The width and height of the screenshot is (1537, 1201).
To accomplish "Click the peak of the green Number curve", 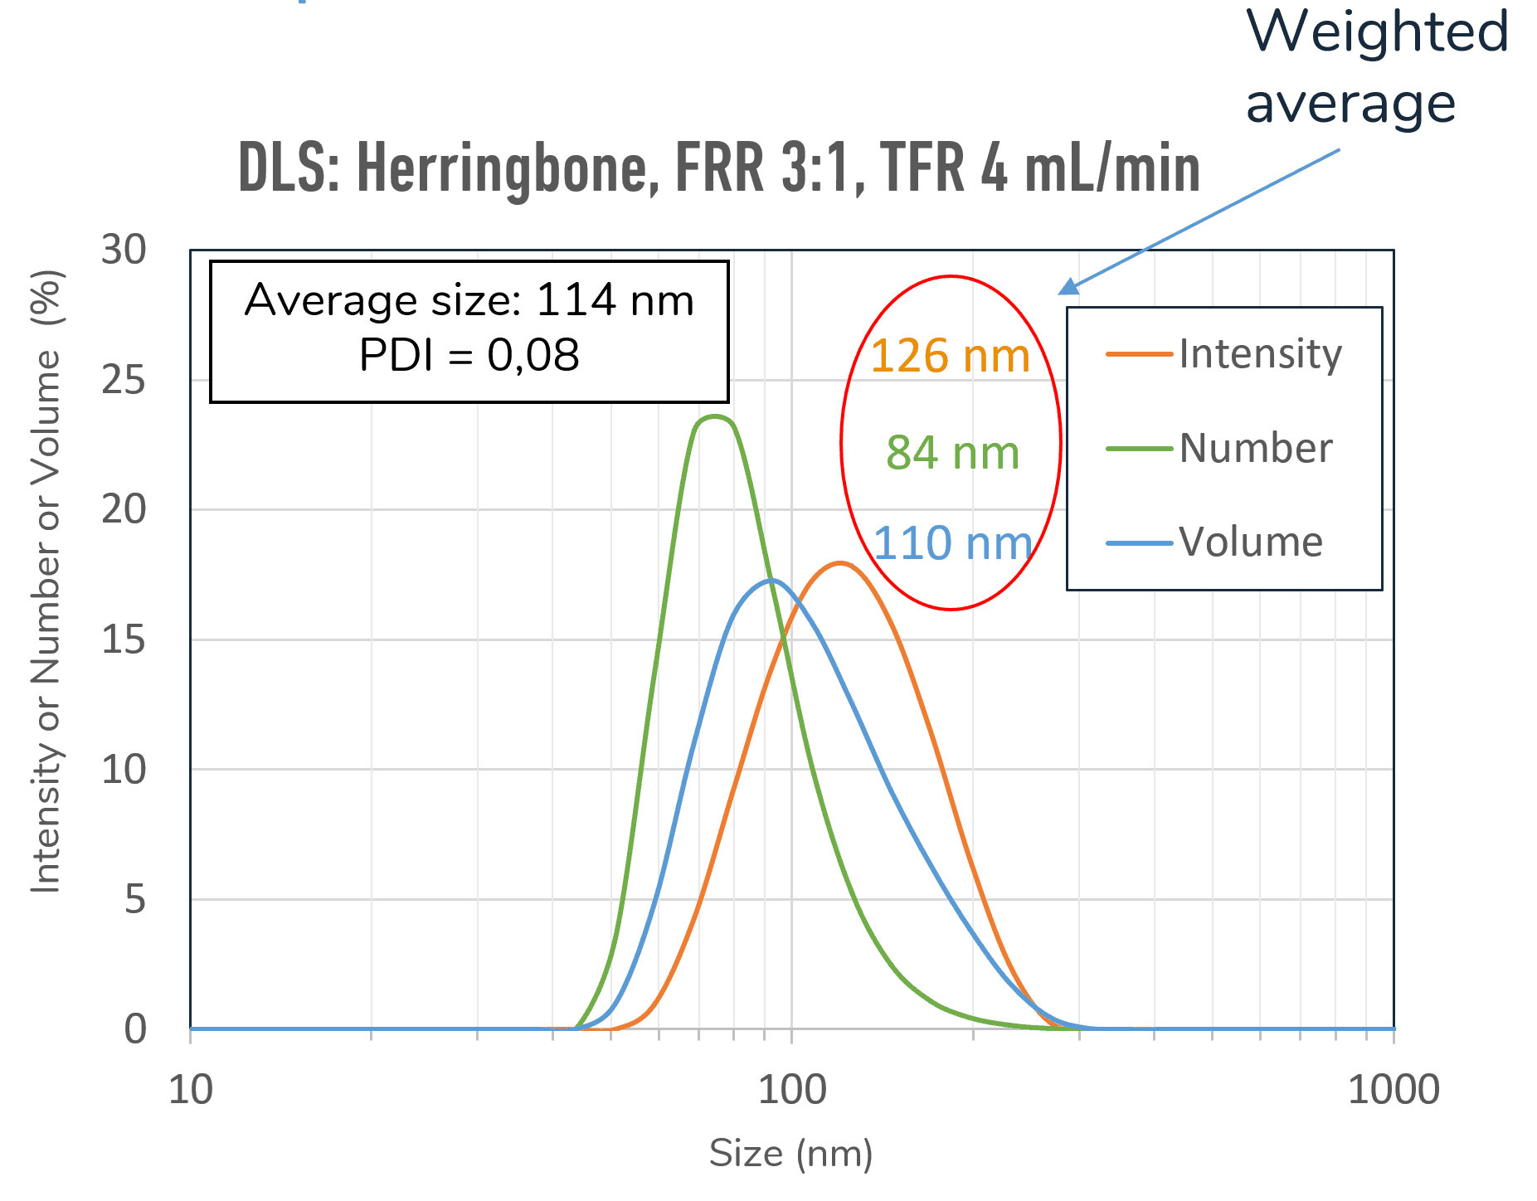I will coord(714,416).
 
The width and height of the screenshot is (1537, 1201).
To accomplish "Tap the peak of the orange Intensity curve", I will coord(840,563).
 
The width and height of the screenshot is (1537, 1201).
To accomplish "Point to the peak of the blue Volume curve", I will coord(771,581).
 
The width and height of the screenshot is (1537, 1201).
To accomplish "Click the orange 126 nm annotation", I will coord(950,356).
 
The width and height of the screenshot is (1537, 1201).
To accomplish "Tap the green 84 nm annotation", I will coord(952,453).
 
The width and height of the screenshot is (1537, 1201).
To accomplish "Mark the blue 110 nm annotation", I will coord(952,544).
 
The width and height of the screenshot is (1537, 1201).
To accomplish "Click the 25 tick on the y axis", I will coord(124,380).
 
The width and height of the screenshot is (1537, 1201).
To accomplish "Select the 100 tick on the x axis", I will coord(792,1089).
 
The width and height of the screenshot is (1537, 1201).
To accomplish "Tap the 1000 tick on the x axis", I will coord(1394,1089).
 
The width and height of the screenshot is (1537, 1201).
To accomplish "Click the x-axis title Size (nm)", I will coord(791,1154).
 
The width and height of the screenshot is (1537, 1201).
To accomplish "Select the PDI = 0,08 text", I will coord(469,355).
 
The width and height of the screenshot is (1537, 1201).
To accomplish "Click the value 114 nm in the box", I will coord(615,299).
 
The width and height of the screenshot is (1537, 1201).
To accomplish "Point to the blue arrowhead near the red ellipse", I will coord(1068,287).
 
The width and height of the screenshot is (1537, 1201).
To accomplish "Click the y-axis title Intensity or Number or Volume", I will coord(46,581).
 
